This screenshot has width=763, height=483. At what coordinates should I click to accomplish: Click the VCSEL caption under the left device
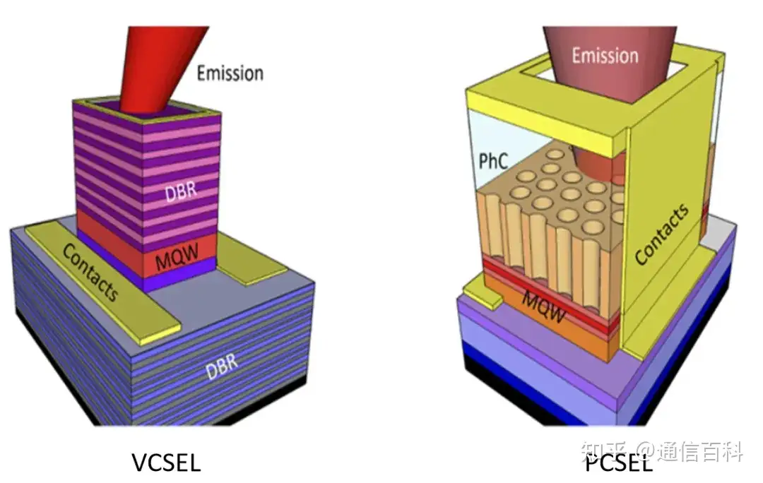tap(166, 462)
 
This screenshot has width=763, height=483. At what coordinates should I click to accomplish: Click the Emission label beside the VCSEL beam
tap(230, 73)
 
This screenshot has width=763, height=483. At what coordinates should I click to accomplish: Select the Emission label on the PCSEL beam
tap(605, 55)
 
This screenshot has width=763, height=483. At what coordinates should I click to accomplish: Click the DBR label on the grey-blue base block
tap(221, 366)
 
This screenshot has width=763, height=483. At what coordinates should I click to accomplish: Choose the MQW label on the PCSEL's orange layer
tap(545, 305)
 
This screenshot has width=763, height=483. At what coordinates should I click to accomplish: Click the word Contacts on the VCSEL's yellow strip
tap(91, 272)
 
